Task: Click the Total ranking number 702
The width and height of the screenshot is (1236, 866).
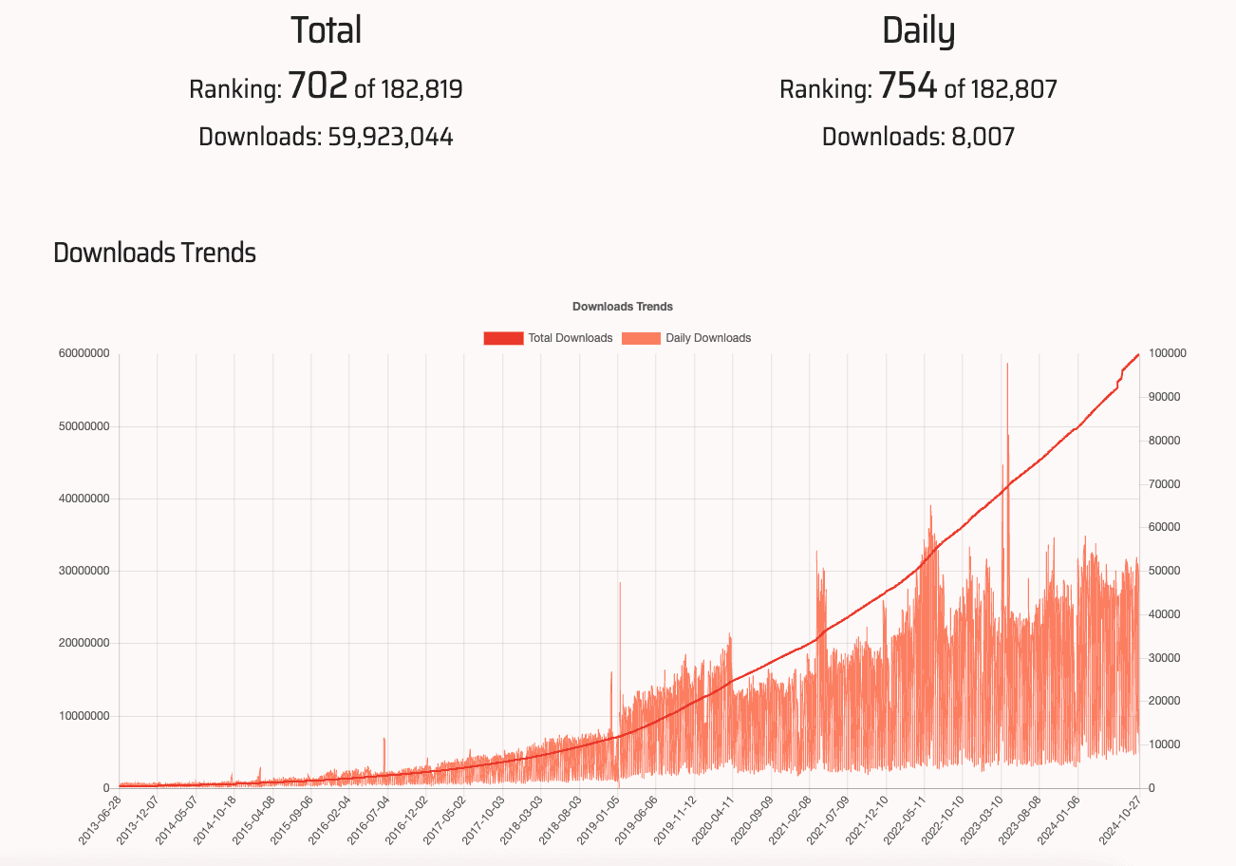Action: point(317,86)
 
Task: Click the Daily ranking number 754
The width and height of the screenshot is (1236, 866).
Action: point(908,86)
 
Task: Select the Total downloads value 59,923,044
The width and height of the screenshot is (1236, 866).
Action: point(390,137)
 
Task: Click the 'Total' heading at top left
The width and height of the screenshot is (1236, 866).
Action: point(326,30)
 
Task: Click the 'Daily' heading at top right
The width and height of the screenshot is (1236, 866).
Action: point(918,30)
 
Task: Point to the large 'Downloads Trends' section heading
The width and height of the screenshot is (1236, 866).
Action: point(155,254)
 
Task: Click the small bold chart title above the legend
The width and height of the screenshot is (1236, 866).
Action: point(623,307)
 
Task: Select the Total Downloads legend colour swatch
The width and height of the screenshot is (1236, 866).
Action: point(503,338)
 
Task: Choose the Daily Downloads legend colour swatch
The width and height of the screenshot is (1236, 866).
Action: point(641,338)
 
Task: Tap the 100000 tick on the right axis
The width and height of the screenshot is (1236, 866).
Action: point(1168,354)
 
